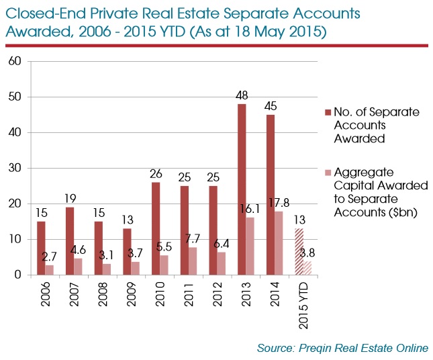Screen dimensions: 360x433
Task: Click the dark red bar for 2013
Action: point(241,189)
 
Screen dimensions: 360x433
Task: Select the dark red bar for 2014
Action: point(270,195)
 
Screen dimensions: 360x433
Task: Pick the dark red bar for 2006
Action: point(41,248)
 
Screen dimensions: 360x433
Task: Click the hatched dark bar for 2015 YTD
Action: point(299,252)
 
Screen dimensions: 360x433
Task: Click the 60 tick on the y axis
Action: point(15,61)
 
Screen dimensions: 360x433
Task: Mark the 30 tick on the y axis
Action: point(15,168)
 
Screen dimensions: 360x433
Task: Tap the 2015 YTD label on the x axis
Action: point(304,303)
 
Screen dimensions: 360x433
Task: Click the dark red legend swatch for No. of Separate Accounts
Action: point(328,112)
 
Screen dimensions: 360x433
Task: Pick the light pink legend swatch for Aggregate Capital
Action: point(328,173)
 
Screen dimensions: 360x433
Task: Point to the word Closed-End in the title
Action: point(42,13)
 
